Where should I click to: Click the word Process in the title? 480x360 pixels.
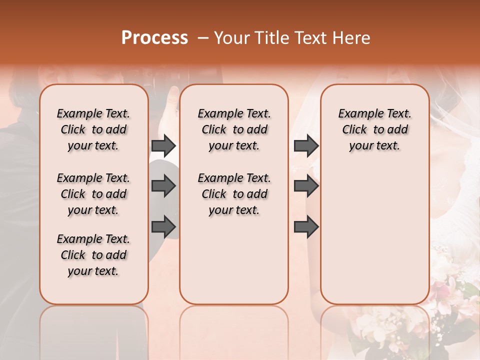[x=154, y=38]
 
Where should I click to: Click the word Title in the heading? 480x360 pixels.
[x=269, y=38]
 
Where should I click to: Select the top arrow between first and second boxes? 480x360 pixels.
[x=163, y=145]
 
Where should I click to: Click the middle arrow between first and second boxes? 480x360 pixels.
[x=163, y=186]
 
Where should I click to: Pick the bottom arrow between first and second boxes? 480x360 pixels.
[x=163, y=226]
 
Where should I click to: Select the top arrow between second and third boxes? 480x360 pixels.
[x=306, y=145]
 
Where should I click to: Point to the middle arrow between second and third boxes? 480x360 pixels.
[x=306, y=186]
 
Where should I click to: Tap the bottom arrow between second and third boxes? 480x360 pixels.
[x=306, y=226]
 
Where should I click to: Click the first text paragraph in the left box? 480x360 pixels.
[x=93, y=129]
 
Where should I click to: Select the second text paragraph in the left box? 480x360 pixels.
[x=93, y=194]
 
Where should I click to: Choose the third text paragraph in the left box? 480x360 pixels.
[x=93, y=255]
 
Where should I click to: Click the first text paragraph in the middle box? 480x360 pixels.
[x=234, y=129]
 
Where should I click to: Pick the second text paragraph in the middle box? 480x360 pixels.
[x=234, y=194]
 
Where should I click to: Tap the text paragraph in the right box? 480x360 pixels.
[x=374, y=129]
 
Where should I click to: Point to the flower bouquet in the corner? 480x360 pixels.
[x=450, y=310]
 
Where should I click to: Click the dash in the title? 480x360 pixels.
[x=203, y=38]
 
